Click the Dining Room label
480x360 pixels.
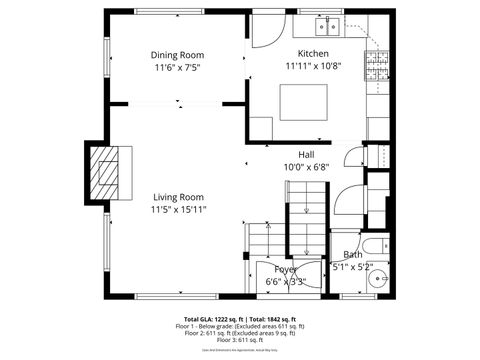pyautogui.click(x=177, y=55)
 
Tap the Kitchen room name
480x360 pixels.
pyautogui.click(x=312, y=53)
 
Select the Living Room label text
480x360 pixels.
pyautogui.click(x=178, y=197)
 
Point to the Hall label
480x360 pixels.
pyautogui.click(x=306, y=154)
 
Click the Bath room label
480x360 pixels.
pyautogui.click(x=352, y=255)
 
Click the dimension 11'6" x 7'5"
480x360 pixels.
pyautogui.click(x=177, y=68)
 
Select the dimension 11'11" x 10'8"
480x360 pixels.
pyautogui.click(x=312, y=66)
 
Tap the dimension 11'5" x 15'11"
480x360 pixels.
pyautogui.click(x=178, y=210)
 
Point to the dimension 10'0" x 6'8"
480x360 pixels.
pyautogui.click(x=306, y=167)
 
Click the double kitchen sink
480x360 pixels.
pyautogui.click(x=331, y=23)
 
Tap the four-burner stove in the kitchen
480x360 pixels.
pyautogui.click(x=376, y=61)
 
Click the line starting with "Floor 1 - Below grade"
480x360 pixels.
pyautogui.click(x=240, y=326)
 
